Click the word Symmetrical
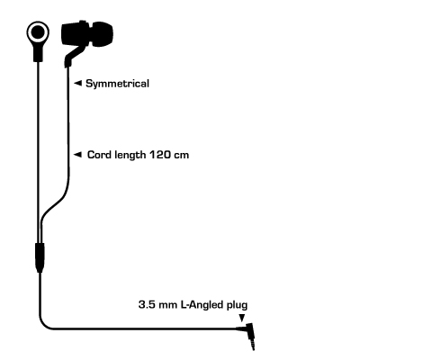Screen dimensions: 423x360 (x=117, y=84)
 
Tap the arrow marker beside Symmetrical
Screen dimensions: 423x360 (x=77, y=83)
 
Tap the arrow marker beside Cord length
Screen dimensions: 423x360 (x=77, y=155)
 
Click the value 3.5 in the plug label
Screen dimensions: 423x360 (x=147, y=305)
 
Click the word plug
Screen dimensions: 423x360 (x=238, y=305)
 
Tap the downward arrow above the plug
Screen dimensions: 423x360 (x=242, y=318)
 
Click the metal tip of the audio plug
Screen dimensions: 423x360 (x=252, y=343)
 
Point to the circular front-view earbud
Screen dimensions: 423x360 (x=38, y=32)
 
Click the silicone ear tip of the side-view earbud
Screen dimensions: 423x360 (x=102, y=34)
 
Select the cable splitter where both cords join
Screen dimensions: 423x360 (x=40, y=257)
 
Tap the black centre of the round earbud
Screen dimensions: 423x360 (x=38, y=32)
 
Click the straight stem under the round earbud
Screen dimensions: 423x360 (x=38, y=52)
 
